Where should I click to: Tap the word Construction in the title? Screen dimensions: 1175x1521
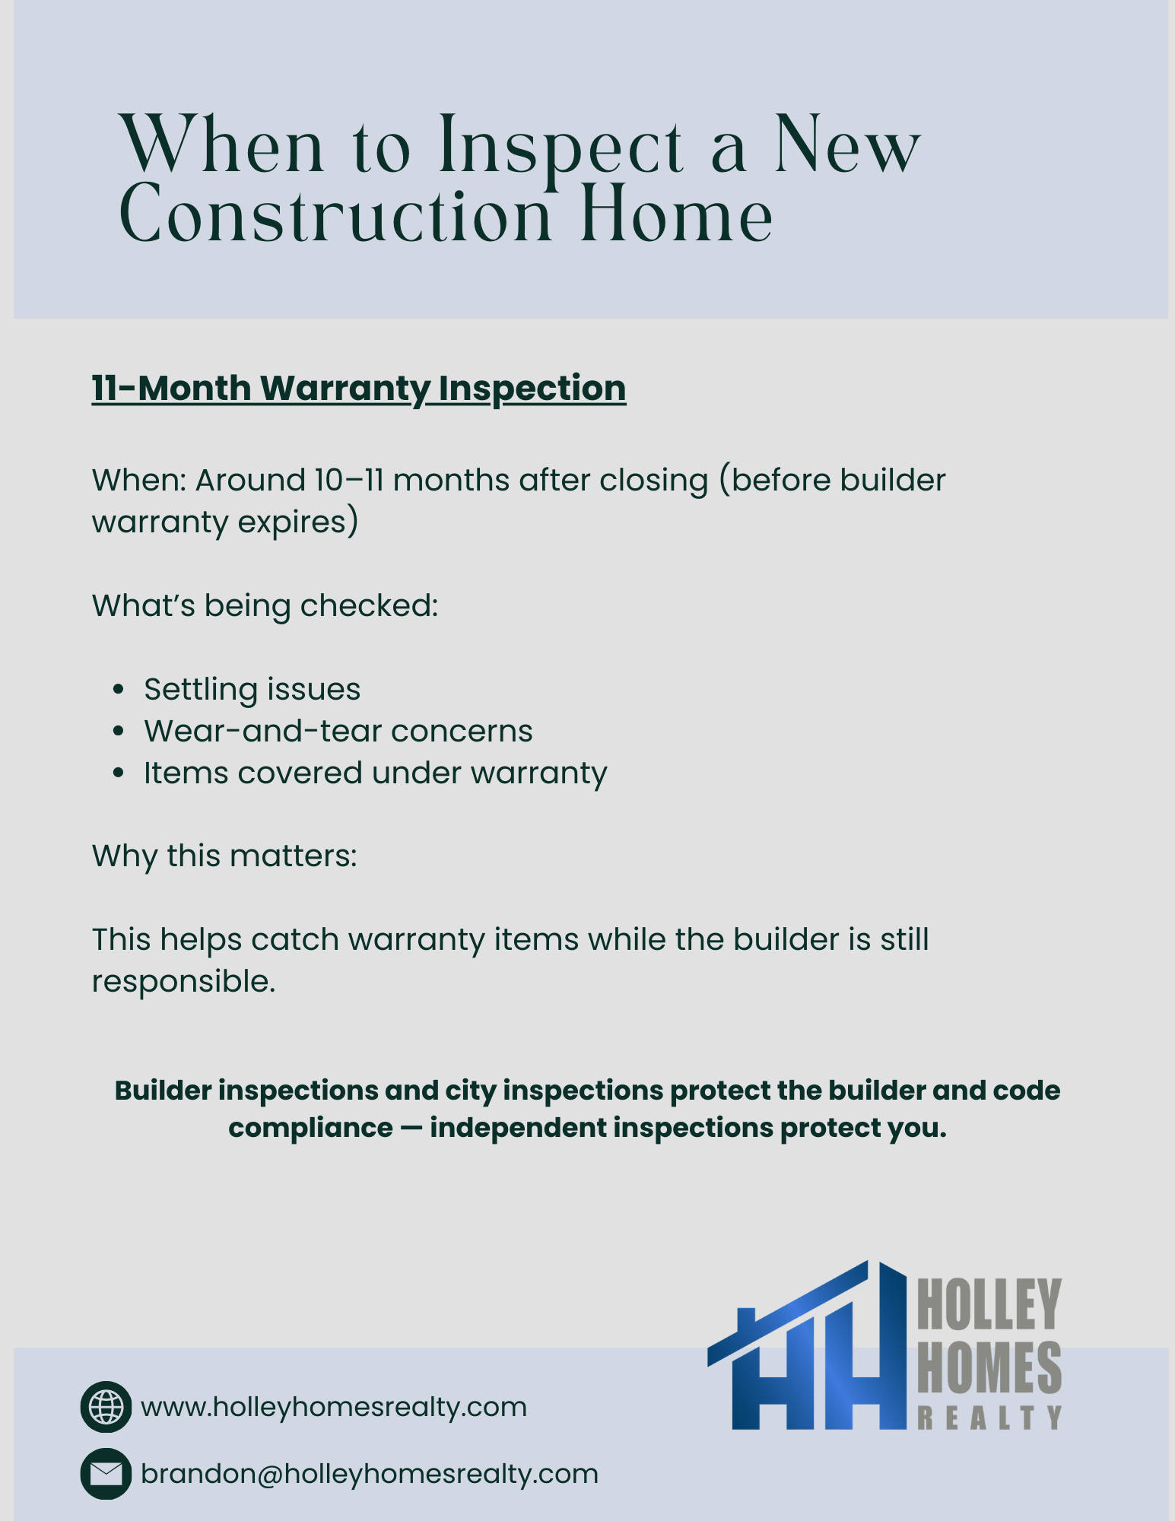(335, 216)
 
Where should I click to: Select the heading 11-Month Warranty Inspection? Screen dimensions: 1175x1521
(359, 389)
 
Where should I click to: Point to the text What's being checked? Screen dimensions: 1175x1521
(265, 606)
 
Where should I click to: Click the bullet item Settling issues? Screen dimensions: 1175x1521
(252, 690)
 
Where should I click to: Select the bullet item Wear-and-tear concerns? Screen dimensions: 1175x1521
(338, 732)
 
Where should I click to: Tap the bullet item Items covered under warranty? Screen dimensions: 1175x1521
(376, 773)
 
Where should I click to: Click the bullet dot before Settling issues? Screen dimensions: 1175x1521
(118, 690)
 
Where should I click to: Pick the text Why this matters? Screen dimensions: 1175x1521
(224, 856)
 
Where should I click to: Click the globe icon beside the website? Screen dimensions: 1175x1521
(106, 1407)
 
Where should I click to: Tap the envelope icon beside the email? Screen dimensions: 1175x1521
(106, 1474)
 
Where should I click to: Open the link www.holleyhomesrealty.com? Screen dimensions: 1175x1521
(334, 1408)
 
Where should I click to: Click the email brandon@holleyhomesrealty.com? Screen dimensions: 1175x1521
(370, 1475)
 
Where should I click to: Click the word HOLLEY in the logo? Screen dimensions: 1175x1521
(989, 1304)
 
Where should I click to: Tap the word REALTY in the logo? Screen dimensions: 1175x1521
(989, 1418)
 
